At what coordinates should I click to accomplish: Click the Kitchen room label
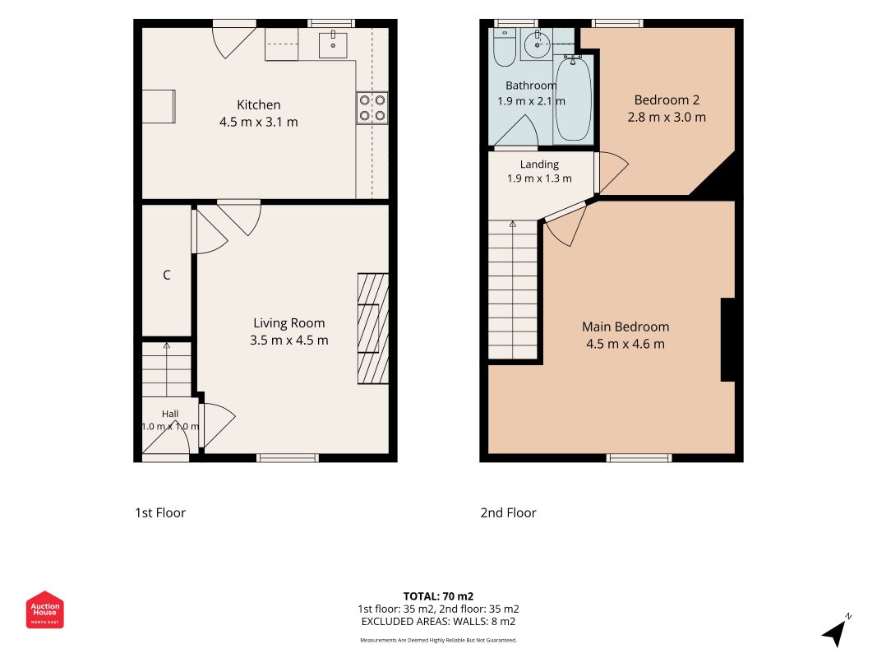pos(258,104)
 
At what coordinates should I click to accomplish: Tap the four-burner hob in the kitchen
pos(372,108)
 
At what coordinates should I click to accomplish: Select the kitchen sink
pos(333,44)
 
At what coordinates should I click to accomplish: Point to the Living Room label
pos(288,323)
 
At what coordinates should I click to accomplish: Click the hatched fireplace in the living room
pos(373,328)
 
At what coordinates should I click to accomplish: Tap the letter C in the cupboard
pos(166,275)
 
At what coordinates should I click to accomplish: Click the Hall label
pos(170,414)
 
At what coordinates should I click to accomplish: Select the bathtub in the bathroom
pos(573,100)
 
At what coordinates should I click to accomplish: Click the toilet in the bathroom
pos(505,48)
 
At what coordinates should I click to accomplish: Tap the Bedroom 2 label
pos(667,100)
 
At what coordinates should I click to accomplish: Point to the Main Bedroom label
pos(625,327)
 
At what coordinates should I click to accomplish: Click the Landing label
pos(539,164)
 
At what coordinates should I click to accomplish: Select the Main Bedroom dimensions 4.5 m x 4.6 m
pos(625,344)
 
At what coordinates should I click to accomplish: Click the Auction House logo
pos(44,609)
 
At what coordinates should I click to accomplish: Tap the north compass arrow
pos(836,633)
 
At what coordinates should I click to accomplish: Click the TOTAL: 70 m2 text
pos(439,596)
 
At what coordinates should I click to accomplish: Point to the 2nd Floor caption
pos(508,512)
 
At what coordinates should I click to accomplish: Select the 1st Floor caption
pos(160,512)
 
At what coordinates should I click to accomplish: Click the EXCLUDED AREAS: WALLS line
pos(439,622)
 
